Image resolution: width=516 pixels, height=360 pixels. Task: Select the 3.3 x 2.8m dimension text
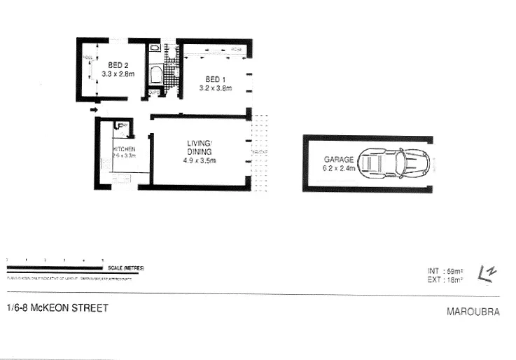pyautogui.click(x=117, y=73)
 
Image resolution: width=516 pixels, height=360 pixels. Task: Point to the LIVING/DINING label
pyautogui.click(x=199, y=148)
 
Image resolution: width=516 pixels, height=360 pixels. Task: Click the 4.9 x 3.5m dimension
pyautogui.click(x=199, y=160)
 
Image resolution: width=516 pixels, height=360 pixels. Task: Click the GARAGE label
pyautogui.click(x=339, y=160)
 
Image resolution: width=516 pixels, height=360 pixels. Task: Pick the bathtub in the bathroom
pyautogui.click(x=155, y=76)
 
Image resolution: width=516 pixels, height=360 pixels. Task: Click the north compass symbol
pyautogui.click(x=484, y=274)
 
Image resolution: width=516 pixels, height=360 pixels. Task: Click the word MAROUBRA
pyautogui.click(x=473, y=312)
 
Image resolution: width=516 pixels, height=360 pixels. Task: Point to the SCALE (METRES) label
pyautogui.click(x=125, y=268)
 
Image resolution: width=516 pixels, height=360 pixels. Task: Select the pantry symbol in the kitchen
pyautogui.click(x=120, y=127)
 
